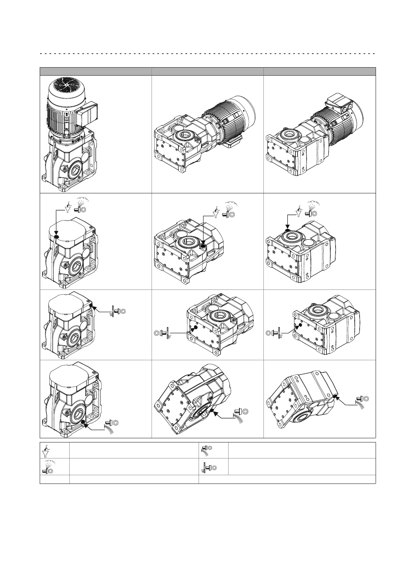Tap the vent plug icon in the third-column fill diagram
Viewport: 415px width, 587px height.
(x=311, y=211)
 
